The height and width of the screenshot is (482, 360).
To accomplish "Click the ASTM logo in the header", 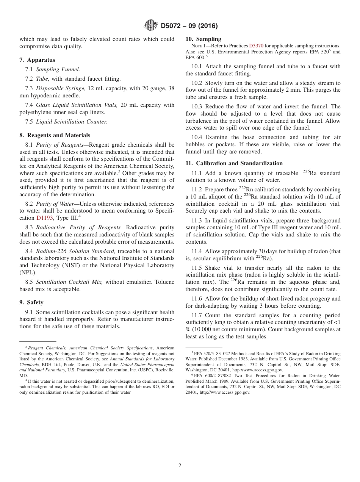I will coord(151,26).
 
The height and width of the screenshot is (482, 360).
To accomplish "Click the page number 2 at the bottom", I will coord(180,466).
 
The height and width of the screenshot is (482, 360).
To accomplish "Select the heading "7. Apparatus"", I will coord(37,60).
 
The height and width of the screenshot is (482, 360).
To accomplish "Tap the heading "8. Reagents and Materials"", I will coord(55,135).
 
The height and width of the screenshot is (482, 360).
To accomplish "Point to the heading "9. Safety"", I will coord(31,302).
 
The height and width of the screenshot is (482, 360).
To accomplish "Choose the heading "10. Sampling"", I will coord(203,39).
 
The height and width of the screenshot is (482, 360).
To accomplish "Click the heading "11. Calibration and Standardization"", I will coord(234,163).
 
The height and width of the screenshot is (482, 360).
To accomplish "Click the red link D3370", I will coord(256,46).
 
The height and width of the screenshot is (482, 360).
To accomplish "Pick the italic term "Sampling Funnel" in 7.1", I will coord(58,69).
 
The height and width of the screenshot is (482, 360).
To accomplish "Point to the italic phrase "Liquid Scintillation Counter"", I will coord(72,122).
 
